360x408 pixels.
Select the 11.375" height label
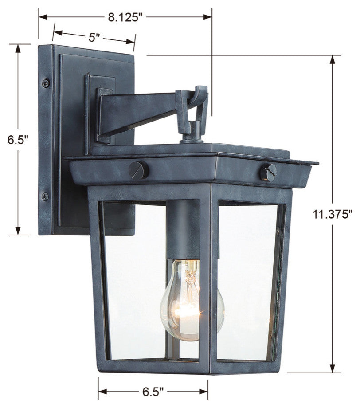click(333, 215)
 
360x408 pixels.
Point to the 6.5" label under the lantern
click(153, 392)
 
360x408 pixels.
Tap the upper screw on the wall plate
click(46, 83)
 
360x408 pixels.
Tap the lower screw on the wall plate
click(45, 196)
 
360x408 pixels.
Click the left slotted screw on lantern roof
click(139, 170)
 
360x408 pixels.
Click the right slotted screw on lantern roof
click(268, 173)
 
